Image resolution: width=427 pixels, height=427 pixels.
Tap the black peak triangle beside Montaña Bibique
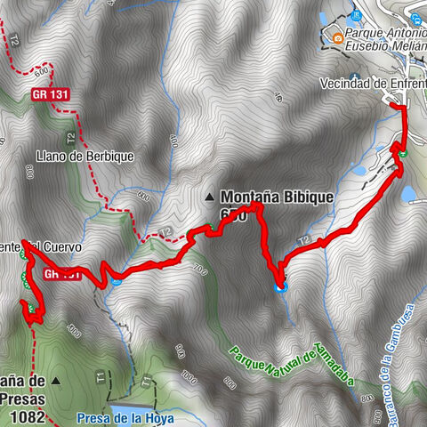(x=210, y=197)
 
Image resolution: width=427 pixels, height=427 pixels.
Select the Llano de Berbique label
(x=85, y=157)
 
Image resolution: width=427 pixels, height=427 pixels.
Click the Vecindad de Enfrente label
(x=373, y=84)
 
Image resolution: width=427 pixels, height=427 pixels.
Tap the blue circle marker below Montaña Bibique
(x=280, y=286)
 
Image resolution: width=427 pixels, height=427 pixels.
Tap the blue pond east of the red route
(x=408, y=193)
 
